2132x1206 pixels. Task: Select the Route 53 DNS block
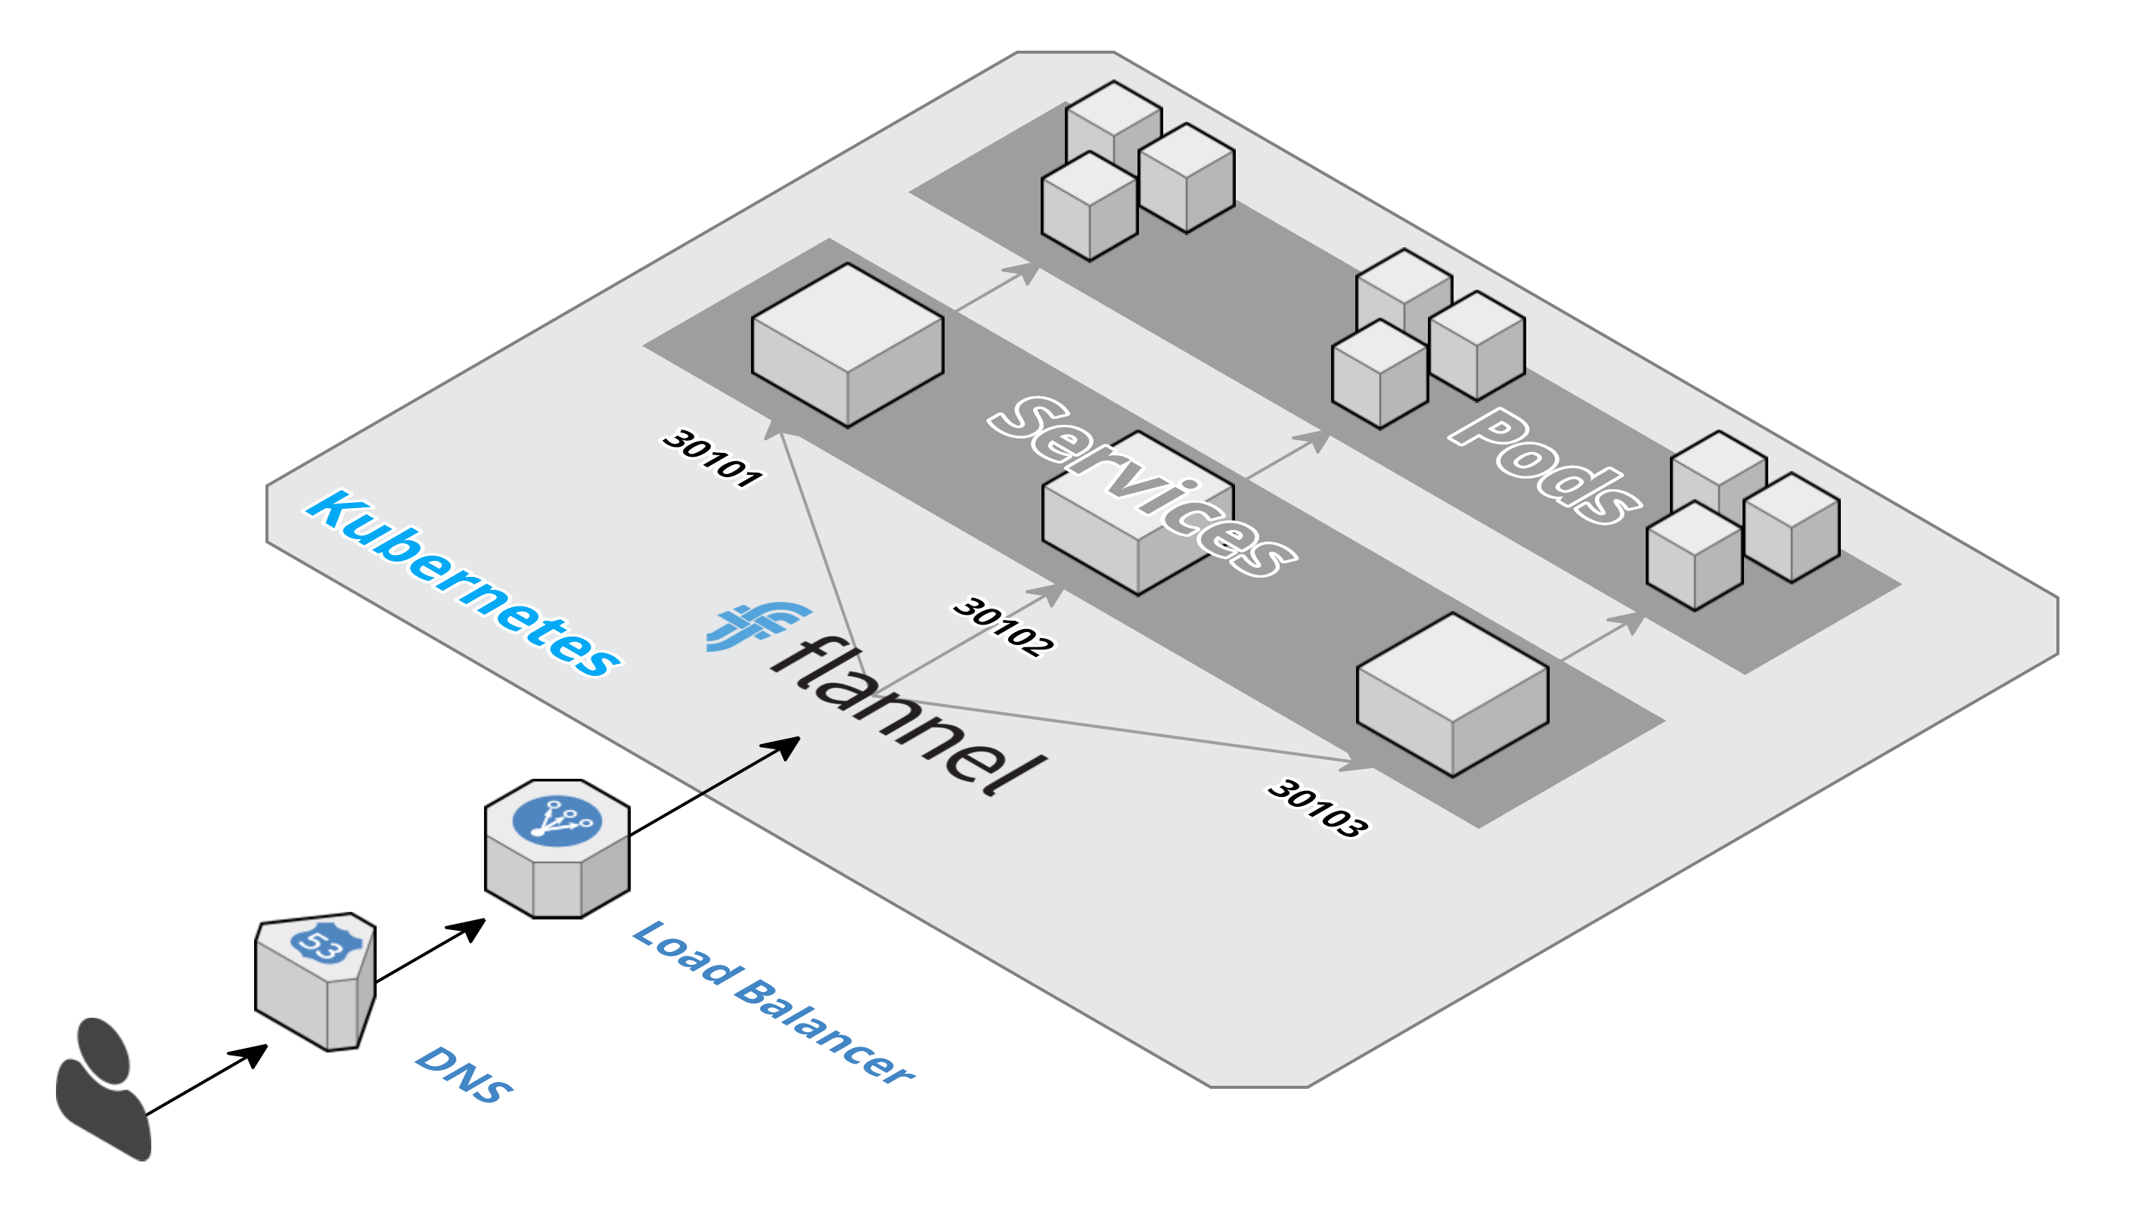[315, 986]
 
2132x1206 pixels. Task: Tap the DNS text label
[464, 1074]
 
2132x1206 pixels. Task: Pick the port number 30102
[1003, 626]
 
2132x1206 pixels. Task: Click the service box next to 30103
[1452, 696]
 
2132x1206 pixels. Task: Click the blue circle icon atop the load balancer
[557, 821]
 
